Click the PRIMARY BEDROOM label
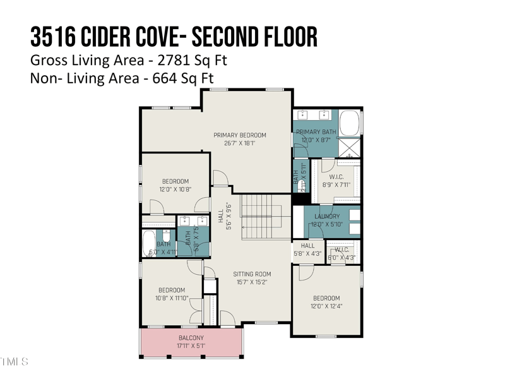point(239,135)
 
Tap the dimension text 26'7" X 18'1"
point(239,143)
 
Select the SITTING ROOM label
point(252,274)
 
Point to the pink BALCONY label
point(191,338)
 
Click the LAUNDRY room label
point(327,217)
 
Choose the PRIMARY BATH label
point(316,132)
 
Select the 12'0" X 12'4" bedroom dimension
point(326,306)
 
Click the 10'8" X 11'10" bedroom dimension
point(172,298)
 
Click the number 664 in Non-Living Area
point(163,78)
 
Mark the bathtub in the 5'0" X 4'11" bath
point(148,244)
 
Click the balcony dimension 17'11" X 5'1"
point(191,346)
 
